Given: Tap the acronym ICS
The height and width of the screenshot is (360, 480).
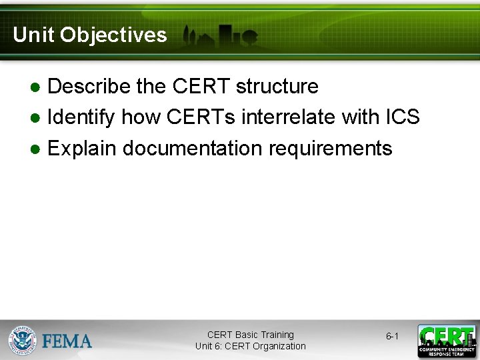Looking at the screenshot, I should point(403,117).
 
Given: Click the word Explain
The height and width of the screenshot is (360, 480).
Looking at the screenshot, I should point(83,148).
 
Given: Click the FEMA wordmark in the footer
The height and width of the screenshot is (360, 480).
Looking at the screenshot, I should point(67,341).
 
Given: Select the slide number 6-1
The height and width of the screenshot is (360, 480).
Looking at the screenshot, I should point(392,337).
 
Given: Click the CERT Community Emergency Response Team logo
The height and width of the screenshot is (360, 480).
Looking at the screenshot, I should point(447,341).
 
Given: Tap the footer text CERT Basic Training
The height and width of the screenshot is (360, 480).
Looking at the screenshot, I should point(250,335).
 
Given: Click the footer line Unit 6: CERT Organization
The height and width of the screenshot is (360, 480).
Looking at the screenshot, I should point(250,346).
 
